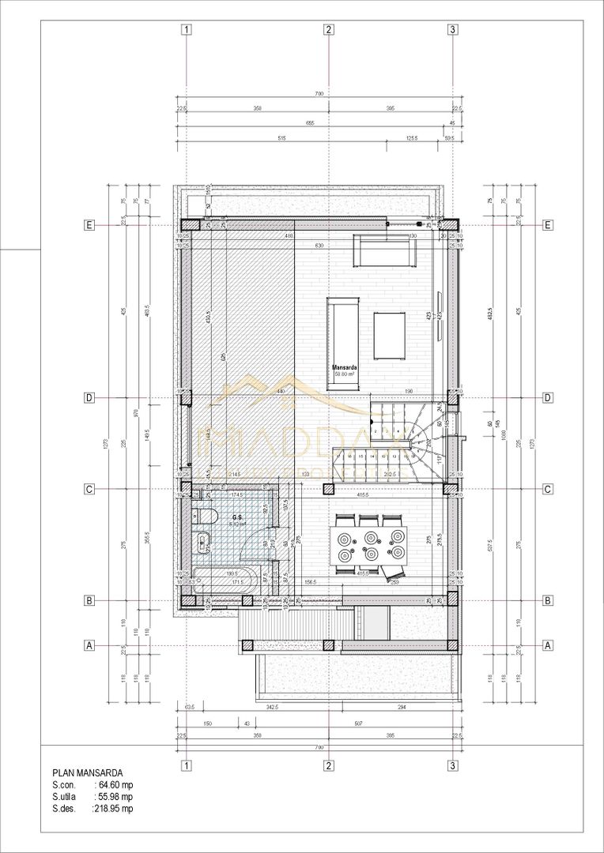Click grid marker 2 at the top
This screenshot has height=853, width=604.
pos(329,30)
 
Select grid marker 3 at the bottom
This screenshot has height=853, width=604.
pos(452,765)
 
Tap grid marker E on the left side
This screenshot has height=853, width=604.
pos(90,225)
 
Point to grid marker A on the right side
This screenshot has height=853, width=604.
pos(548,645)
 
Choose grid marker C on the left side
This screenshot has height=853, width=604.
pos(90,490)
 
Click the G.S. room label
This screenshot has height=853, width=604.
pos(236,518)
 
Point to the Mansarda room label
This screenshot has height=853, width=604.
pos(344,368)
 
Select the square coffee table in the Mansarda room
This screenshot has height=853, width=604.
pos(390,333)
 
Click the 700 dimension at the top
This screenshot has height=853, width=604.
pos(319,94)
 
